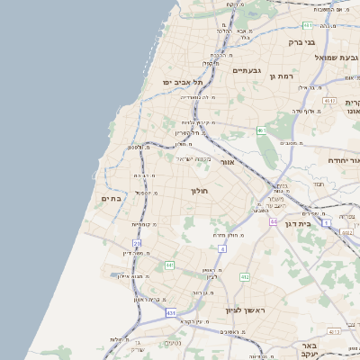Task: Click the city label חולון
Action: [199, 191]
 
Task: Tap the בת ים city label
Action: [111, 198]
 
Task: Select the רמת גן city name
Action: [283, 76]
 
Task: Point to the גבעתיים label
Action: [246, 70]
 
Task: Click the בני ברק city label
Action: [301, 41]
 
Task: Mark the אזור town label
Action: [228, 162]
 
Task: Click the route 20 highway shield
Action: [137, 243]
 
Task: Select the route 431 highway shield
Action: [170, 312]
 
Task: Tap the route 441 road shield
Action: [169, 265]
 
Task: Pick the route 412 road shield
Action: [245, 277]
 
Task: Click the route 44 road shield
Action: [273, 220]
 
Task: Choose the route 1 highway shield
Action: [326, 221]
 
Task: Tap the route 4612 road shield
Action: [328, 101]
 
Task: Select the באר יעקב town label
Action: [310, 346]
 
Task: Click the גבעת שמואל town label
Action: [331, 58]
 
